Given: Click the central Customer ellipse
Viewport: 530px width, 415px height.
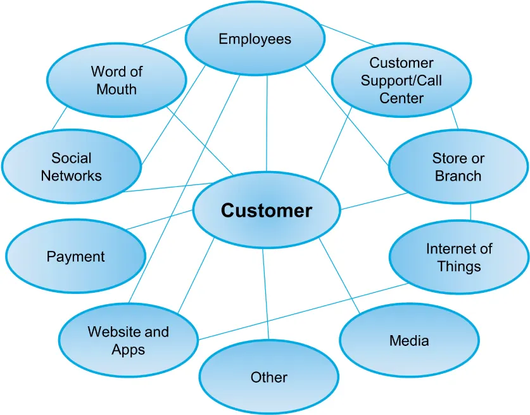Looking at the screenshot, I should (x=266, y=211).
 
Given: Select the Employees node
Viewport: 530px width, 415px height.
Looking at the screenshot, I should (x=255, y=39).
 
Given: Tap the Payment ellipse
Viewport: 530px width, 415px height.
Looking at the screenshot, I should (x=75, y=257).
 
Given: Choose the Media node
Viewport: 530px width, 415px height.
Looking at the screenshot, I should (x=408, y=341).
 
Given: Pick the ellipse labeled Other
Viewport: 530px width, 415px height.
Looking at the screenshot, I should (x=268, y=378).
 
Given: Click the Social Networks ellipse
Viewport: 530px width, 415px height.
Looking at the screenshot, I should (x=71, y=167).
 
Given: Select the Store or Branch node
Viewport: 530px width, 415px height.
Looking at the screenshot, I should (x=457, y=167).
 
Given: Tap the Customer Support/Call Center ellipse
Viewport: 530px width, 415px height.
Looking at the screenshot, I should (x=401, y=80).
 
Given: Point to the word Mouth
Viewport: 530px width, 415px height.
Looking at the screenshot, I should (x=117, y=89).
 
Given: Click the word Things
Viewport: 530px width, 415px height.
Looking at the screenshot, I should (x=458, y=266).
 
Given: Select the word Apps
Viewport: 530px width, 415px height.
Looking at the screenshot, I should (x=129, y=349).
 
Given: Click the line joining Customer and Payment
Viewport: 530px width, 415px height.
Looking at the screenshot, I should (x=161, y=220).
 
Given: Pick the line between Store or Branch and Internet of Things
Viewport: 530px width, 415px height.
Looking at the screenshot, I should (x=470, y=212).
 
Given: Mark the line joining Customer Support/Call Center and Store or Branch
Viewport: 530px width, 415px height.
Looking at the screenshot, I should (x=454, y=119).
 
